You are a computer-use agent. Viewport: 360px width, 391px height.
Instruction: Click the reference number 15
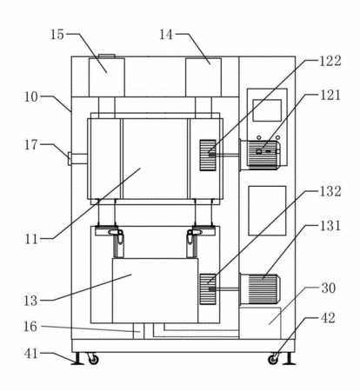(57, 35)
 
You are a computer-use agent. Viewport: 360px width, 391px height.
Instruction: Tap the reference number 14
(166, 35)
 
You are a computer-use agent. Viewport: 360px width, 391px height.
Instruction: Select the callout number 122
(330, 61)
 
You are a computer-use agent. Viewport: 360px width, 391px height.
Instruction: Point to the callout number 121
(330, 96)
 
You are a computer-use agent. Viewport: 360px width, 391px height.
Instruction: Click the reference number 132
(330, 191)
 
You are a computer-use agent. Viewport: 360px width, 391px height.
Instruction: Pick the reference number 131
(330, 226)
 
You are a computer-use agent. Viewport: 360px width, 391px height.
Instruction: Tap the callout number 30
(329, 288)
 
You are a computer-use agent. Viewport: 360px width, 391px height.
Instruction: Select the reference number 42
(328, 318)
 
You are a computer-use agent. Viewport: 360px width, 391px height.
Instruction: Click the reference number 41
(31, 354)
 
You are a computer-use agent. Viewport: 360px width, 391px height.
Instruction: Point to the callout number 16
(30, 327)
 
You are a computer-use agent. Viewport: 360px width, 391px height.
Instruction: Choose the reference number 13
(30, 301)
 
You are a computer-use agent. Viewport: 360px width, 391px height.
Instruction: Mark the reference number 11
(31, 240)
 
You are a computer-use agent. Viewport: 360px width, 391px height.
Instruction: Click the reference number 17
(30, 145)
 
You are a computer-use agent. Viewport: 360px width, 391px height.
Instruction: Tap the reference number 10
(30, 97)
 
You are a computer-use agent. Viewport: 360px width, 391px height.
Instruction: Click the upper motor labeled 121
(259, 154)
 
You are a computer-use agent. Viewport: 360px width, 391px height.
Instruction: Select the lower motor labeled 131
(259, 288)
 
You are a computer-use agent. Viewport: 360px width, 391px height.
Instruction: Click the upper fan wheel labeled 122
(208, 155)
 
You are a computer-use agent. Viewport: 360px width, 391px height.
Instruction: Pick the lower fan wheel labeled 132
(208, 289)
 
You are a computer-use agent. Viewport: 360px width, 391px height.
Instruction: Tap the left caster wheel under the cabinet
(93, 360)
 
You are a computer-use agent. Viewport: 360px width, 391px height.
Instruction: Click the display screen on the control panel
(267, 110)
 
